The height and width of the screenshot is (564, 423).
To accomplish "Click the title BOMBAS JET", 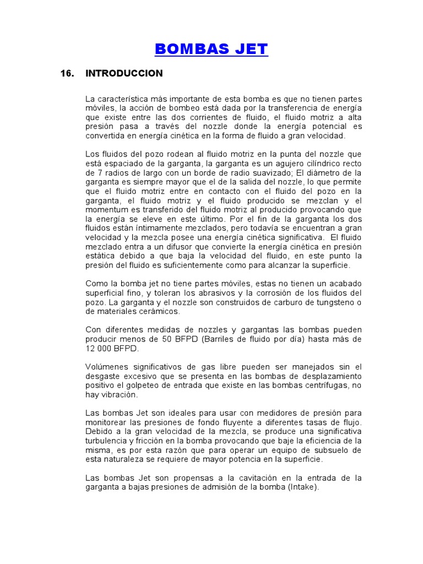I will (211, 49).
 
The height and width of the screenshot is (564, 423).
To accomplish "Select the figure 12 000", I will (99, 348).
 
